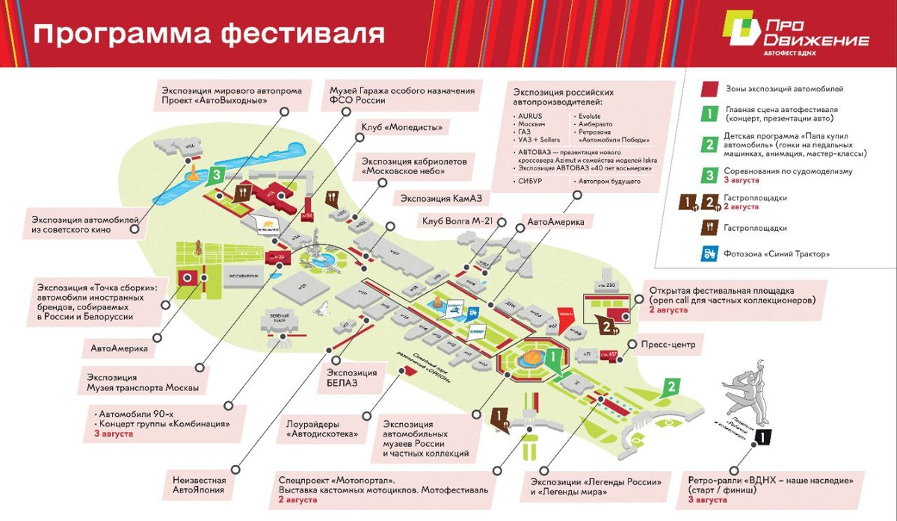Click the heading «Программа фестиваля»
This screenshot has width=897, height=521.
[209, 33]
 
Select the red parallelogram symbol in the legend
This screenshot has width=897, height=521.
[709, 89]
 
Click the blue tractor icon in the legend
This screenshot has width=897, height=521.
[709, 253]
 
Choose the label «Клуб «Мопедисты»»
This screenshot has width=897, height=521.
[401, 127]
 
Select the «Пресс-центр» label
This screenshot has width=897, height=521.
[668, 345]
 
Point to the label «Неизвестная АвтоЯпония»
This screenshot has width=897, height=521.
[198, 485]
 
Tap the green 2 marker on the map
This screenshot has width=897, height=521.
[672, 386]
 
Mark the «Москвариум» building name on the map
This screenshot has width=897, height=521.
[244, 274]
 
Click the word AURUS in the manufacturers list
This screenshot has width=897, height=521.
[528, 117]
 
